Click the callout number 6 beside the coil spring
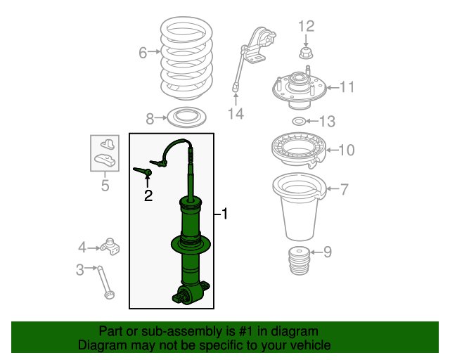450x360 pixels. (x=143, y=53)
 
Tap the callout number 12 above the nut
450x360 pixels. (x=307, y=26)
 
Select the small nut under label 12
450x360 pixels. (x=306, y=53)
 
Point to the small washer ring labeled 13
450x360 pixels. (x=299, y=122)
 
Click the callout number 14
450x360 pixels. (x=236, y=114)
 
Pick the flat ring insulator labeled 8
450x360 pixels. (x=186, y=117)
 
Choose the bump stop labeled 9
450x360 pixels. (x=300, y=261)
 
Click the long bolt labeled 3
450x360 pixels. (x=105, y=283)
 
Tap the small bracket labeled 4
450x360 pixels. (x=110, y=247)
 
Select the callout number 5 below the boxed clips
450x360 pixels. (x=105, y=185)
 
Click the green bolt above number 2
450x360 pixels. (x=143, y=172)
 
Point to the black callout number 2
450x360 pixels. (x=148, y=195)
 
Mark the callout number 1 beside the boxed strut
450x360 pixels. (x=225, y=214)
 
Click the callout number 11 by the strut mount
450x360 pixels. (x=347, y=87)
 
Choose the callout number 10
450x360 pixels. (x=347, y=150)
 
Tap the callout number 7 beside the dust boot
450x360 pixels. (x=344, y=189)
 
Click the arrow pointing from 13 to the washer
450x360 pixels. (x=312, y=122)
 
